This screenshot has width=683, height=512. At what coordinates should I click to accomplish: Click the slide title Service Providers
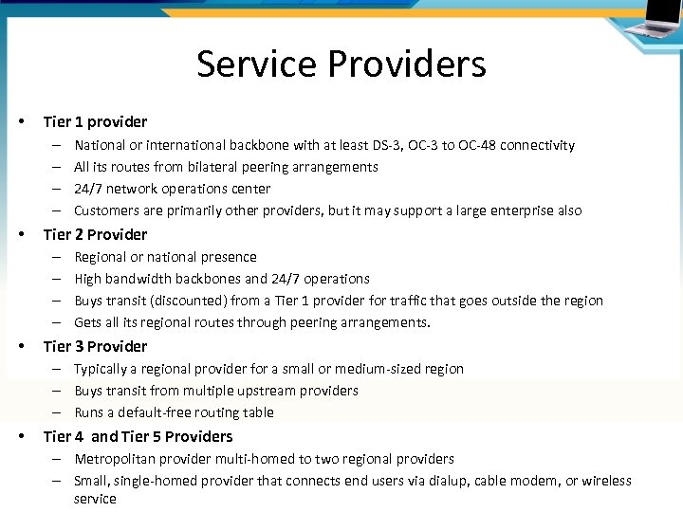click(341, 64)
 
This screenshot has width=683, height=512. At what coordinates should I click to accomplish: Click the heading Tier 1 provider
click(95, 121)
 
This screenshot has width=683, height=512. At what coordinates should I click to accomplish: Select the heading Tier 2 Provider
click(95, 234)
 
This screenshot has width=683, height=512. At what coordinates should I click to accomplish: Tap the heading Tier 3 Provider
click(95, 346)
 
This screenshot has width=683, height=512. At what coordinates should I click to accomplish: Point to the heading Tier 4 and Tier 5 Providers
click(138, 436)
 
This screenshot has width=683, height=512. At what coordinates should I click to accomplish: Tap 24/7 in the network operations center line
click(88, 189)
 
